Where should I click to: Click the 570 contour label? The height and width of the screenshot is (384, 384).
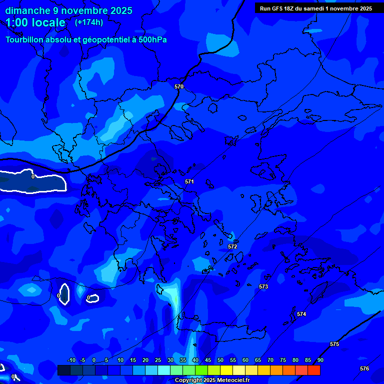[179, 86]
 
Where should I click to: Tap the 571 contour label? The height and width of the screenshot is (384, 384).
[189, 181]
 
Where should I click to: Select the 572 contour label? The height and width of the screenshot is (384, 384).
[232, 246]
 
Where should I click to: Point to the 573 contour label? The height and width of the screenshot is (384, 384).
[263, 286]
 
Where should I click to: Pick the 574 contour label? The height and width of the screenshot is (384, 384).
[301, 314]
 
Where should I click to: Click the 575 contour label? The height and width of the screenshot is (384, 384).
[334, 344]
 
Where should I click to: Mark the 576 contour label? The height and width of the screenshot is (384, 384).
[364, 368]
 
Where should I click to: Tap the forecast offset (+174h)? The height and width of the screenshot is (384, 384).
[89, 22]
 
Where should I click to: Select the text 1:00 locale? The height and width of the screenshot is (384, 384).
[35, 22]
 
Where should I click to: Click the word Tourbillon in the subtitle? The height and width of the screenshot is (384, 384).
[25, 40]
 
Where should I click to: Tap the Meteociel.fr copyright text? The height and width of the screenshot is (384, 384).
[212, 380]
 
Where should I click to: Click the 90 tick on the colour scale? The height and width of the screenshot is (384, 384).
[320, 360]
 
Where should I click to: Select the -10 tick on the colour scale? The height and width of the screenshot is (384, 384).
[71, 360]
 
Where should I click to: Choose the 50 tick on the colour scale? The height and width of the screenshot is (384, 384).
[220, 360]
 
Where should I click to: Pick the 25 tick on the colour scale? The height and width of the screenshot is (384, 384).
[158, 360]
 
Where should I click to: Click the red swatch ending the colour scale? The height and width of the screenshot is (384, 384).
[314, 370]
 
